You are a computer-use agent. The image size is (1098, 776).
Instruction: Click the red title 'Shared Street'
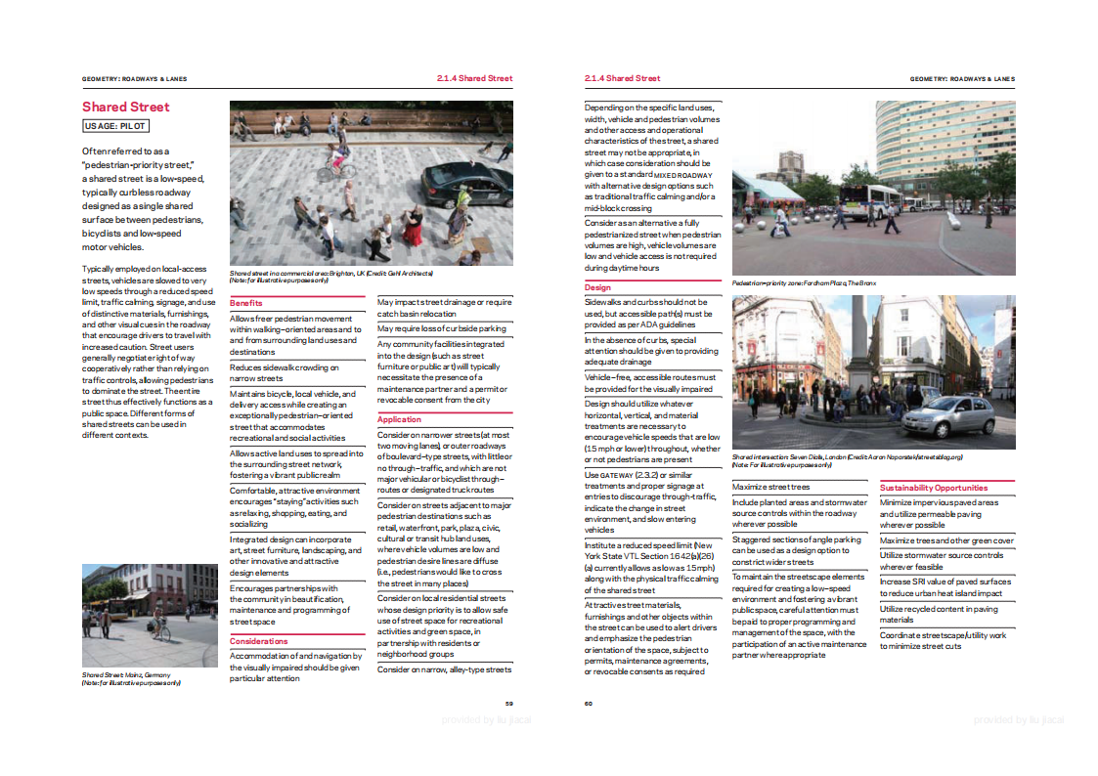(x=125, y=107)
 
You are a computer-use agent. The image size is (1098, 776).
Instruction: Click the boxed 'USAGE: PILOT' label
(x=115, y=126)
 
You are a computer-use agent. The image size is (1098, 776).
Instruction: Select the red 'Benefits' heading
(x=246, y=303)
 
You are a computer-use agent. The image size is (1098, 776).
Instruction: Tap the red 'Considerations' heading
(x=259, y=641)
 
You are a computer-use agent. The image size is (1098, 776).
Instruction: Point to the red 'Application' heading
(x=400, y=419)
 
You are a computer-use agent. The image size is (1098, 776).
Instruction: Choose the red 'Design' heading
(x=597, y=287)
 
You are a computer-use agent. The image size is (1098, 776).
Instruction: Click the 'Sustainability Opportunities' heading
(x=934, y=488)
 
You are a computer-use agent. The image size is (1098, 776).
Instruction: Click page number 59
(x=508, y=703)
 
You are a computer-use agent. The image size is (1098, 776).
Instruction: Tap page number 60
(x=589, y=703)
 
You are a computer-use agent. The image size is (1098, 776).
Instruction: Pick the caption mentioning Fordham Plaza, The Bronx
(x=804, y=283)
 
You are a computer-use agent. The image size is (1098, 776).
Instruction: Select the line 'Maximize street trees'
(x=770, y=487)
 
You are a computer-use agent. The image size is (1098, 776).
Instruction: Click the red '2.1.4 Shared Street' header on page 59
(x=474, y=78)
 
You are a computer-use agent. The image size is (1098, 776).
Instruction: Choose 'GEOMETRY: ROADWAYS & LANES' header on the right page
(x=962, y=78)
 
